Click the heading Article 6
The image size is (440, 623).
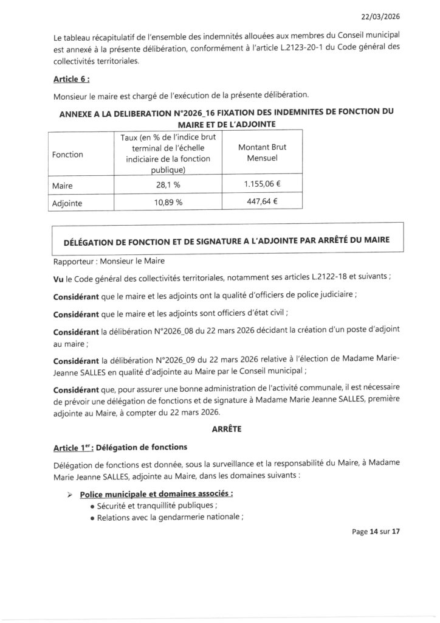(x=70, y=79)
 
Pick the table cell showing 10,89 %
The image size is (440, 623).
(x=168, y=203)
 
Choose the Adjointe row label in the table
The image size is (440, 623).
(x=68, y=203)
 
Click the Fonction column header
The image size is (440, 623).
(x=68, y=155)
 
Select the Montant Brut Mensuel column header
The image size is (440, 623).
(x=263, y=153)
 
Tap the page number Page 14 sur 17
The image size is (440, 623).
(x=376, y=531)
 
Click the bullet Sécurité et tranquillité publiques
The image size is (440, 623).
(x=156, y=505)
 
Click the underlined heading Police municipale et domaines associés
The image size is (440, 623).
(x=157, y=493)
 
